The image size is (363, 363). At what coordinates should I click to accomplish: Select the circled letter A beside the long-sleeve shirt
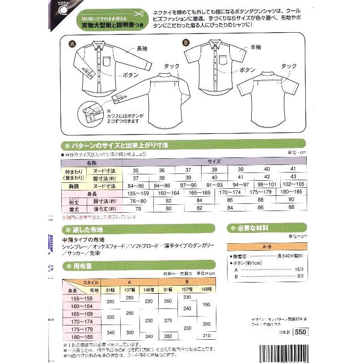click(x=71, y=44)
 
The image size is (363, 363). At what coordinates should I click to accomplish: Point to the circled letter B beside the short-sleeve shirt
click(x=187, y=43)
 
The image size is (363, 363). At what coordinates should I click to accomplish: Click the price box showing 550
click(x=300, y=332)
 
